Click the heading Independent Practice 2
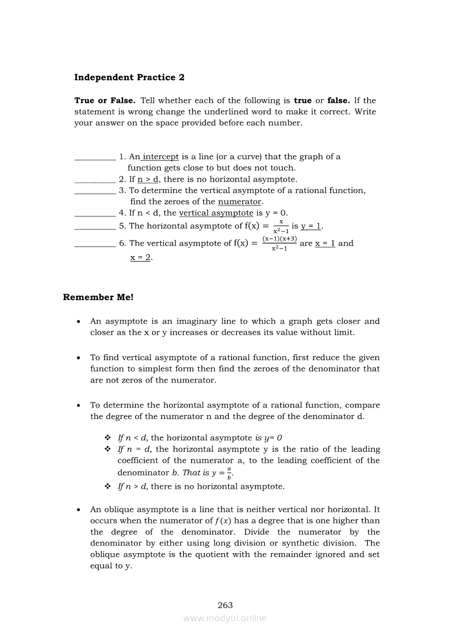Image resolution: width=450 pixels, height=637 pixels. [129, 77]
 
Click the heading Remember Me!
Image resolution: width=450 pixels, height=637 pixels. [98, 297]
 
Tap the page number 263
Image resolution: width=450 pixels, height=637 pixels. [225, 605]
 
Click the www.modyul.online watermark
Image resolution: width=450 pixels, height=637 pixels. [225, 618]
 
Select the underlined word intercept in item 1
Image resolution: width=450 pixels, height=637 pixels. [161, 157]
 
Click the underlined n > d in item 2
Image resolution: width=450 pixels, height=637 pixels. [148, 179]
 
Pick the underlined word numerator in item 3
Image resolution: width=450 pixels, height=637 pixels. [240, 202]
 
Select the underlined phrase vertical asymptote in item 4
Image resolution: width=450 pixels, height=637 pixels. [216, 213]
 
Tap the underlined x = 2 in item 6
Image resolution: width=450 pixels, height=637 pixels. [141, 257]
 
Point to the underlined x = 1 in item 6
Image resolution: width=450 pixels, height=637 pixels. [325, 244]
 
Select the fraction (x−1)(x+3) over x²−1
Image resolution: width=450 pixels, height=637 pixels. [279, 244]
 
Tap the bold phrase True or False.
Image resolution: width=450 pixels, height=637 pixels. [105, 101]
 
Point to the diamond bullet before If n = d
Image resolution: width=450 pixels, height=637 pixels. [107, 449]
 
